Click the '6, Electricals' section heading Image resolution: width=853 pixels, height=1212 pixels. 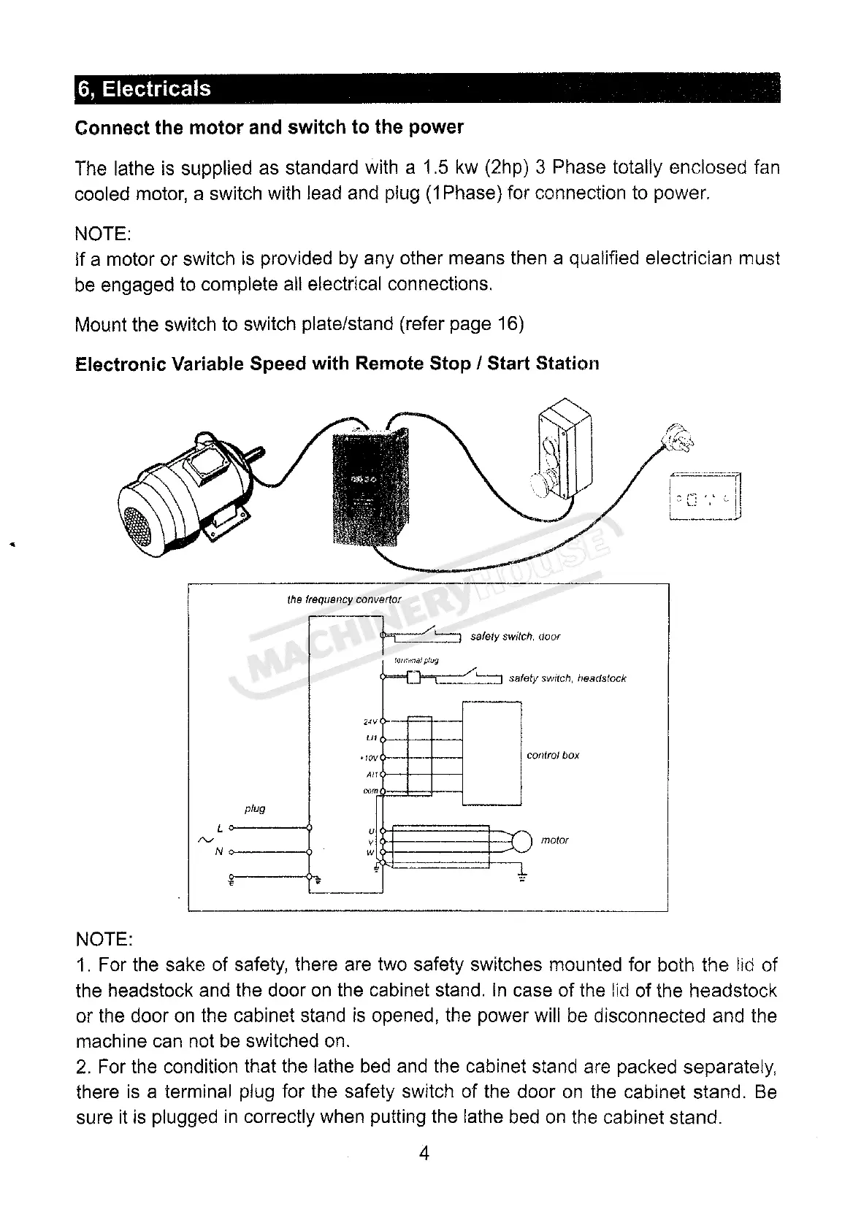(144, 89)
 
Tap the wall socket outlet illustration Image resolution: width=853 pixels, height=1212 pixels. (704, 497)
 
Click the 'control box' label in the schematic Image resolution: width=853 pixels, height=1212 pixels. (553, 756)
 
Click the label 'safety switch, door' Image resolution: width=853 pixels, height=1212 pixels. (515, 637)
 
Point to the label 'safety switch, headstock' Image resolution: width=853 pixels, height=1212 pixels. (567, 678)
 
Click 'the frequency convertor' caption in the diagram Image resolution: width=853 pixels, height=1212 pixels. (344, 599)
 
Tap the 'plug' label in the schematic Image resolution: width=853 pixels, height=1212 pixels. (255, 809)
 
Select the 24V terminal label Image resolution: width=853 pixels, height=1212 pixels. (369, 722)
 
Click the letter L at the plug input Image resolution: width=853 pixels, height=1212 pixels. (220, 828)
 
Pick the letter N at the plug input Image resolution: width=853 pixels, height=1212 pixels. (219, 851)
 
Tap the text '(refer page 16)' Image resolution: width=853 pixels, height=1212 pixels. (462, 324)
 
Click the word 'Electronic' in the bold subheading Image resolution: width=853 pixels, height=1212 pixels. (120, 364)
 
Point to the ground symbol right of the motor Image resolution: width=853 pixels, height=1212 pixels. (522, 877)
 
